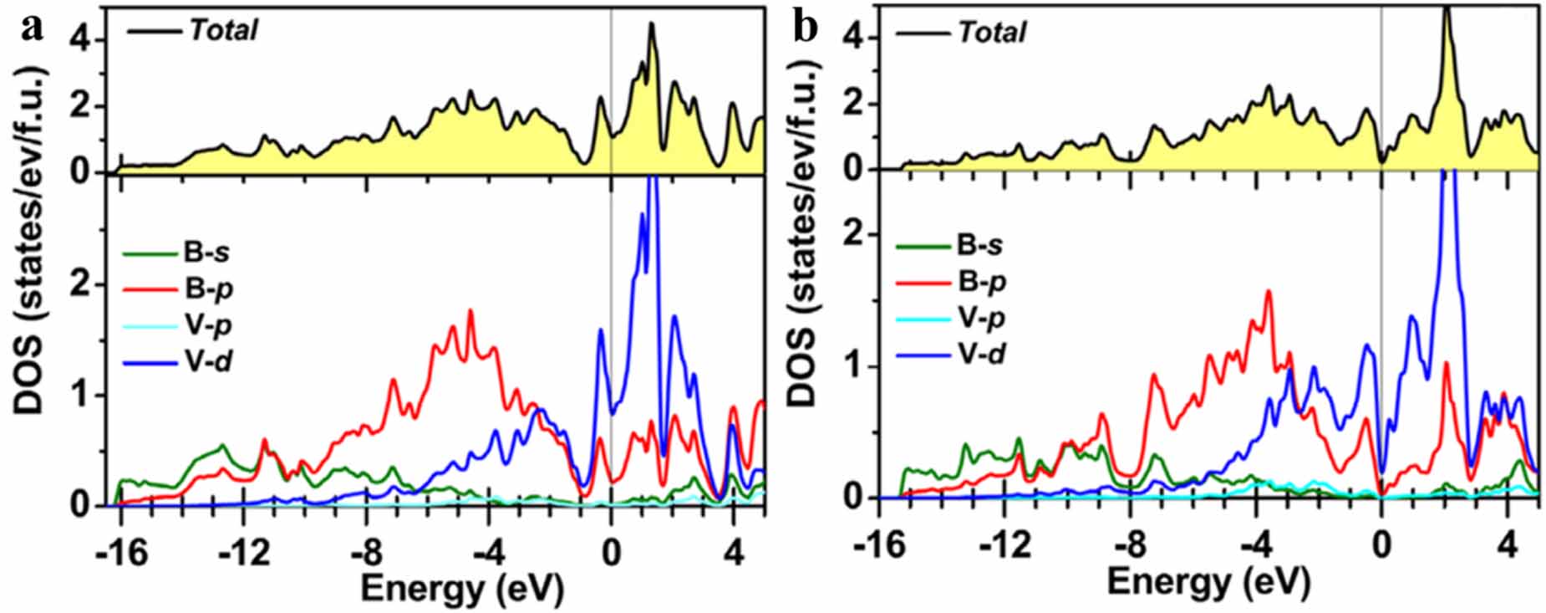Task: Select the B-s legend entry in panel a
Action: tap(208, 253)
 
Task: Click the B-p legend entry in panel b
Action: tap(981, 282)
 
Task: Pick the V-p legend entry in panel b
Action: tap(981, 318)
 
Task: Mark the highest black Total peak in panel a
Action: tap(652, 24)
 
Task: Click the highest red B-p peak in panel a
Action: tap(470, 311)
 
